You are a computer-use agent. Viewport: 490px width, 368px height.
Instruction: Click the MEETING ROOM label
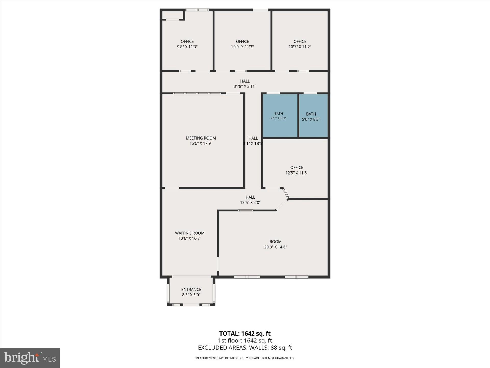[201, 138]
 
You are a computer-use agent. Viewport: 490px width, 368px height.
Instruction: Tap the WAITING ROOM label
[190, 233]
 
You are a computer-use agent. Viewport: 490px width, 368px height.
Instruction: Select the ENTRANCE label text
[191, 289]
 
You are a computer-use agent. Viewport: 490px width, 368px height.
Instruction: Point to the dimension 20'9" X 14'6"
[276, 247]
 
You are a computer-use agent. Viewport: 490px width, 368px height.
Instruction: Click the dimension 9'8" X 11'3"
[187, 47]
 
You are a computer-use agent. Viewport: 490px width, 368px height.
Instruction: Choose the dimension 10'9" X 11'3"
[242, 47]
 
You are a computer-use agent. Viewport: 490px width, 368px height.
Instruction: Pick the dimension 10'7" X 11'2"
[300, 47]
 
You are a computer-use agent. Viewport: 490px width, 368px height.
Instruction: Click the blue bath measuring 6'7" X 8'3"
[280, 116]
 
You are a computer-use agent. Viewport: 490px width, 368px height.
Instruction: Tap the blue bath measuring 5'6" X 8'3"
[313, 116]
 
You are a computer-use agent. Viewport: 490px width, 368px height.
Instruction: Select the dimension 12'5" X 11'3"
[297, 173]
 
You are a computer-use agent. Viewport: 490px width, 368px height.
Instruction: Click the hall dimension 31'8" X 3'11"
[245, 86]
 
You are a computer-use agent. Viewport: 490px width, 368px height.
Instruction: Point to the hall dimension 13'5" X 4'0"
[250, 203]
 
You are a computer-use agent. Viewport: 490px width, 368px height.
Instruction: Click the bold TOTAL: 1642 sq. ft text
[245, 333]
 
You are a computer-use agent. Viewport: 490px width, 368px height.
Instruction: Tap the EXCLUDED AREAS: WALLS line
[245, 348]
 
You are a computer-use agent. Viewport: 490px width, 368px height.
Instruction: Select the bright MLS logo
[30, 358]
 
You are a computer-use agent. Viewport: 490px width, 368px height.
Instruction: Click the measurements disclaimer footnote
[245, 358]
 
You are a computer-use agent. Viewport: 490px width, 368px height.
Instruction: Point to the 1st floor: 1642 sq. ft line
[245, 341]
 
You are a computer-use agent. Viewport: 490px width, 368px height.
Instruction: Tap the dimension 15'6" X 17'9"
[201, 143]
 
